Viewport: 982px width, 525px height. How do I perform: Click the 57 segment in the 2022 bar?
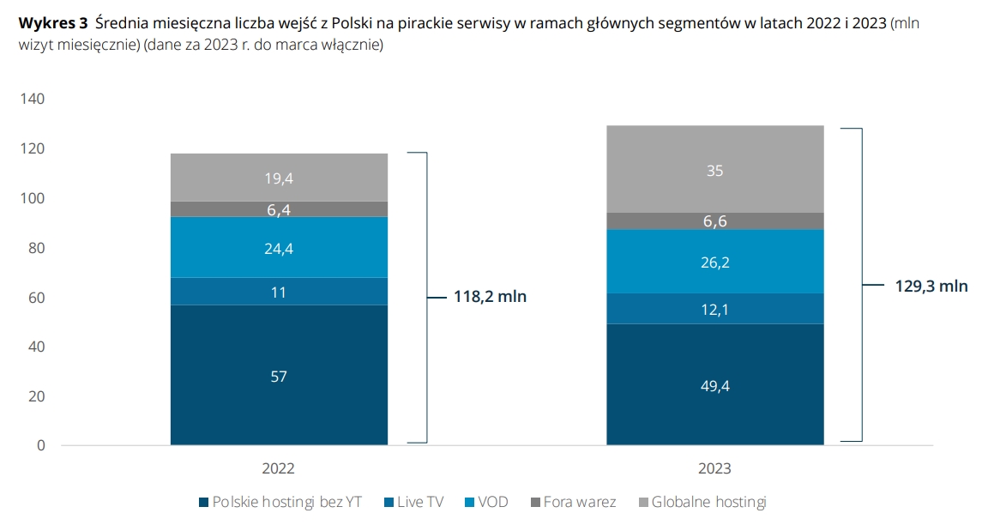click(279, 376)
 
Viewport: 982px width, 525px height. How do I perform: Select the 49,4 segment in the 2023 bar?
click(714, 385)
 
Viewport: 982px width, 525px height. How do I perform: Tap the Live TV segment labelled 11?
click(279, 292)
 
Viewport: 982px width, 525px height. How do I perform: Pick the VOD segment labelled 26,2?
click(714, 262)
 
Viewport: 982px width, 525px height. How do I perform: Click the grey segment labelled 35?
click(714, 170)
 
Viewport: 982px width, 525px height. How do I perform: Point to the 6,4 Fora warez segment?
click(279, 209)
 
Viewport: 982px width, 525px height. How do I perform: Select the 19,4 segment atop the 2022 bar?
click(279, 178)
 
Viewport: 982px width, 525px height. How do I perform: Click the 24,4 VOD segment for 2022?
click(279, 248)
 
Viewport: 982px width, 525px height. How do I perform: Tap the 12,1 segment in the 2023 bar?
click(714, 309)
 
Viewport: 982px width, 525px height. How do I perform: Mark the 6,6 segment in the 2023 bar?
click(714, 221)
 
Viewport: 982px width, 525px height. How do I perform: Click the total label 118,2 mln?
click(490, 298)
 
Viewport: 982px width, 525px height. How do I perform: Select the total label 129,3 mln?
click(930, 287)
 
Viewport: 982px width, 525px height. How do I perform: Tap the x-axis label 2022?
click(279, 468)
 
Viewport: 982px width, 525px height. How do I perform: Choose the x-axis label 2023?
click(714, 468)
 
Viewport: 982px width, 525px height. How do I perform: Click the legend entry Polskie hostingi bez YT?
click(285, 502)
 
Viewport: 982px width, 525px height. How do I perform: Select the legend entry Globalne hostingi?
click(708, 502)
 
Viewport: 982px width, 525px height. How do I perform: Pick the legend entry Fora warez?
click(579, 502)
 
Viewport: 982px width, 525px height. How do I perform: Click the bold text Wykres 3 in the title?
click(52, 24)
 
